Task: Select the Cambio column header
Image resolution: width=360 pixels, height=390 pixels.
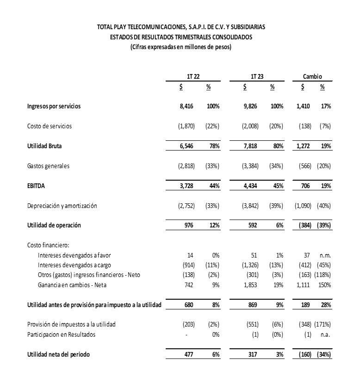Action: (x=312, y=77)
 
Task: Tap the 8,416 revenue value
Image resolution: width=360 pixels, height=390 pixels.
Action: (x=186, y=107)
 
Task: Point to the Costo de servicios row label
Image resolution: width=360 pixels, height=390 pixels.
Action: (x=50, y=126)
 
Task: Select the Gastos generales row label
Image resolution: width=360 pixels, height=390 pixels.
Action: (x=49, y=166)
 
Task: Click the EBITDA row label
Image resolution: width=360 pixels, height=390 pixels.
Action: (x=36, y=186)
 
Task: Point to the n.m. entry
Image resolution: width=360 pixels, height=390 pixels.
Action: (x=325, y=255)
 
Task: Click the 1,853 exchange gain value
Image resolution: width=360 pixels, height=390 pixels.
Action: (x=250, y=285)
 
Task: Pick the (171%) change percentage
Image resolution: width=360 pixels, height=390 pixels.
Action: (x=322, y=325)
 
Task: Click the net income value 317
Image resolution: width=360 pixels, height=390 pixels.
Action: (x=253, y=355)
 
